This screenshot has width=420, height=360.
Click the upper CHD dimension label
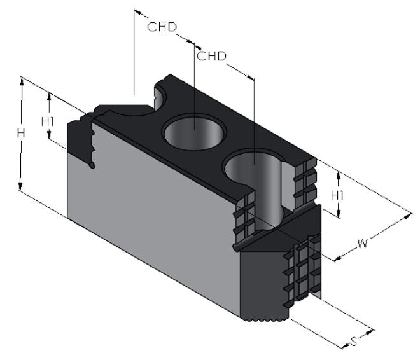pos(162,27)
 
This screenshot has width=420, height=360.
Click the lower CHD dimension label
pos(212,56)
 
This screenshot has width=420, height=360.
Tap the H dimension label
pos(21,133)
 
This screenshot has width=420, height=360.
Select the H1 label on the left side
pos(48,121)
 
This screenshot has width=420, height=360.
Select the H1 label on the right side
pos(337,196)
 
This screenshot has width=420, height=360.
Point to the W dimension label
pos(363,244)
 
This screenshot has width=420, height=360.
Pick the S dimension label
pos(354,342)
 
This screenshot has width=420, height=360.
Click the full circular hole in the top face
pos(195,132)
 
